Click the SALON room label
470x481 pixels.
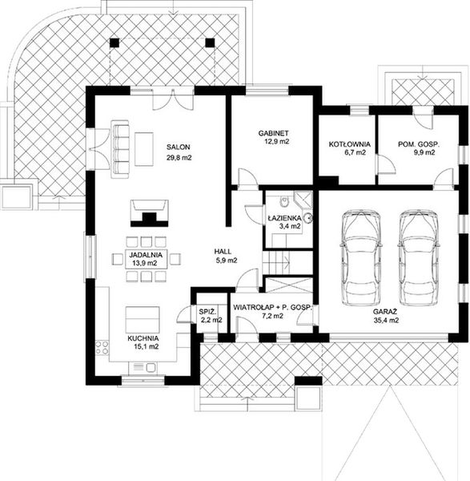point(178,147)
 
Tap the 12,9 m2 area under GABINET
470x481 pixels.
point(277,141)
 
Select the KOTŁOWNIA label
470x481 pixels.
point(350,143)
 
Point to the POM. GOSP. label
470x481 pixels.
point(419,143)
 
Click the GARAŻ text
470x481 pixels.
point(385,312)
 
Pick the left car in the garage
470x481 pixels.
point(361,257)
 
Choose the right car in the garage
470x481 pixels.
point(419,257)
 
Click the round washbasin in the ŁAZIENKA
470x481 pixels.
point(308,217)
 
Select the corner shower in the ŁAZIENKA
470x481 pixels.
point(303,200)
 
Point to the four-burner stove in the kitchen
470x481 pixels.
point(102,348)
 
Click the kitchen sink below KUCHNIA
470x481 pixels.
point(143,367)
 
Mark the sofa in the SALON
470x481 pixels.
point(119,149)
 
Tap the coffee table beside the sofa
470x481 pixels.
point(144,149)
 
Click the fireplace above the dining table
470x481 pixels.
point(150,213)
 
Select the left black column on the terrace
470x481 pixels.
point(114,42)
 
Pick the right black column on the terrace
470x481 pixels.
point(210,42)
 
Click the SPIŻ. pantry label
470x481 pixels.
point(207,312)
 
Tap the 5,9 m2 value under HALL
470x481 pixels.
point(226,261)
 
